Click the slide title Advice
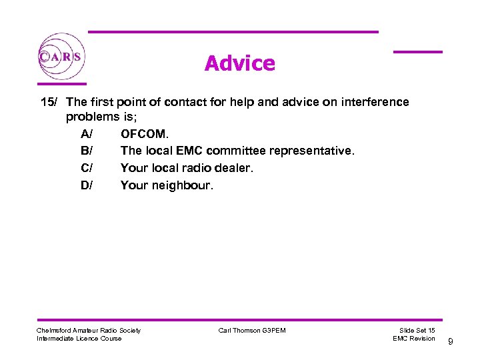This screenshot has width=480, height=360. (x=239, y=63)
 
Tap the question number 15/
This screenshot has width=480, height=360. (x=49, y=102)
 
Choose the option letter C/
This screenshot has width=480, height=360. (x=87, y=169)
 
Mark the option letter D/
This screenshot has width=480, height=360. (x=87, y=185)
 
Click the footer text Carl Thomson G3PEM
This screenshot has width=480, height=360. (x=252, y=331)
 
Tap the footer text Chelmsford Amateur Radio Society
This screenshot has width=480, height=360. (x=89, y=331)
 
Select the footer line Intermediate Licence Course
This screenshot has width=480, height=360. (x=79, y=339)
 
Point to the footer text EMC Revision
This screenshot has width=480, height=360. (x=414, y=339)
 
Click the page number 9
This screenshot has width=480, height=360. (x=451, y=342)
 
